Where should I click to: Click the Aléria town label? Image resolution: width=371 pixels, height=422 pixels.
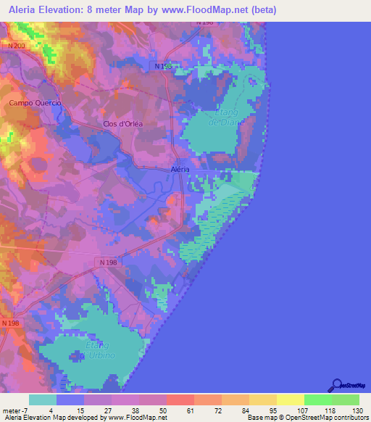point(179,169)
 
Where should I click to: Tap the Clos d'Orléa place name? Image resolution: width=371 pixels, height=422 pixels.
point(123,124)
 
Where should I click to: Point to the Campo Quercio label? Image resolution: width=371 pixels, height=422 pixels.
point(34,103)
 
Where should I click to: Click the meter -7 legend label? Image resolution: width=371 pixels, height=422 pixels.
point(15,410)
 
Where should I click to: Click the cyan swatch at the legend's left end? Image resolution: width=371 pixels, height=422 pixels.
point(43,400)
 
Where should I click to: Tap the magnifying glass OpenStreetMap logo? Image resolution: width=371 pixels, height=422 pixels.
point(336,384)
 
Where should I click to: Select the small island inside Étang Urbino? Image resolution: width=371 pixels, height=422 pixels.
point(75,356)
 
